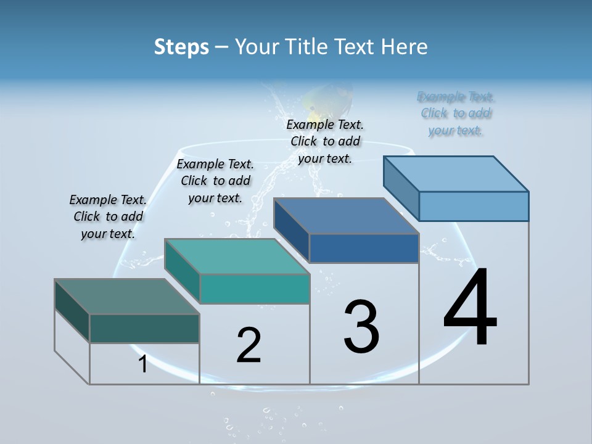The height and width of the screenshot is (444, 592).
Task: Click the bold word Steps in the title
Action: (181, 47)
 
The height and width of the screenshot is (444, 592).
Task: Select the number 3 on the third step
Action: (361, 326)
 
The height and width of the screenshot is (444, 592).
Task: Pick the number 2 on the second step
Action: (249, 345)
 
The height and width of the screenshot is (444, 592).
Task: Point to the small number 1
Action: (143, 364)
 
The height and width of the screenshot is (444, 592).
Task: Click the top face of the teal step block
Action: (237, 256)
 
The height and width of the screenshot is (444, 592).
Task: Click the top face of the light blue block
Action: (456, 173)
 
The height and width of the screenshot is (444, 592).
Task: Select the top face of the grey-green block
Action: (127, 296)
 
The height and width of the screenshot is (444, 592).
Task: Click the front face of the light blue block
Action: (474, 206)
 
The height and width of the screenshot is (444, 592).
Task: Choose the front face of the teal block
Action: (255, 289)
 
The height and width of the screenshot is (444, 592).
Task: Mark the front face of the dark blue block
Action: (364, 248)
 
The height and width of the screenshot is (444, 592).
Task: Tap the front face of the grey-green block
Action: (144, 328)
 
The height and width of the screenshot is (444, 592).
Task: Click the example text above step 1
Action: (108, 216)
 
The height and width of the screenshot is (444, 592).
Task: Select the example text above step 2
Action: (215, 181)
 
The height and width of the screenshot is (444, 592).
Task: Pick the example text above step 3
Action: (325, 141)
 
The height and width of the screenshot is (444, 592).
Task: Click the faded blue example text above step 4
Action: (456, 113)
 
